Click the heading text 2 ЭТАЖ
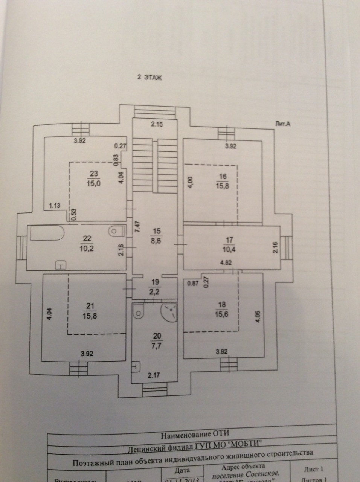click(x=149, y=78)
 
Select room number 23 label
click(x=94, y=174)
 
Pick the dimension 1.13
click(x=55, y=206)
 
